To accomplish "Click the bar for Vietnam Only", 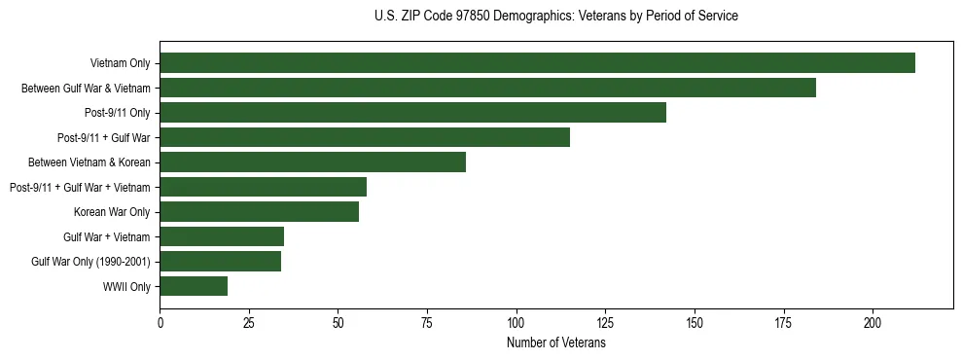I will (537, 63).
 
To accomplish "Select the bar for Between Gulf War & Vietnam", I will (487, 88).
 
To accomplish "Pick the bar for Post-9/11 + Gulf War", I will (365, 137).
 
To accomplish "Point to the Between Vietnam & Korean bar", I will (312, 162).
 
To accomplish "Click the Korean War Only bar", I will (259, 212).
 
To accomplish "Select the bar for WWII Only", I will (194, 286).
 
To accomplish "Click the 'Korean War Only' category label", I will (112, 212).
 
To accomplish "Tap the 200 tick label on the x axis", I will (873, 322).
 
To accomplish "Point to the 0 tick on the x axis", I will (160, 322).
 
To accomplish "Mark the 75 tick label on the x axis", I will (427, 322).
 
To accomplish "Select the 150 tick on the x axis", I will (695, 322).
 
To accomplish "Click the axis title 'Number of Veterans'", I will (555, 343).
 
